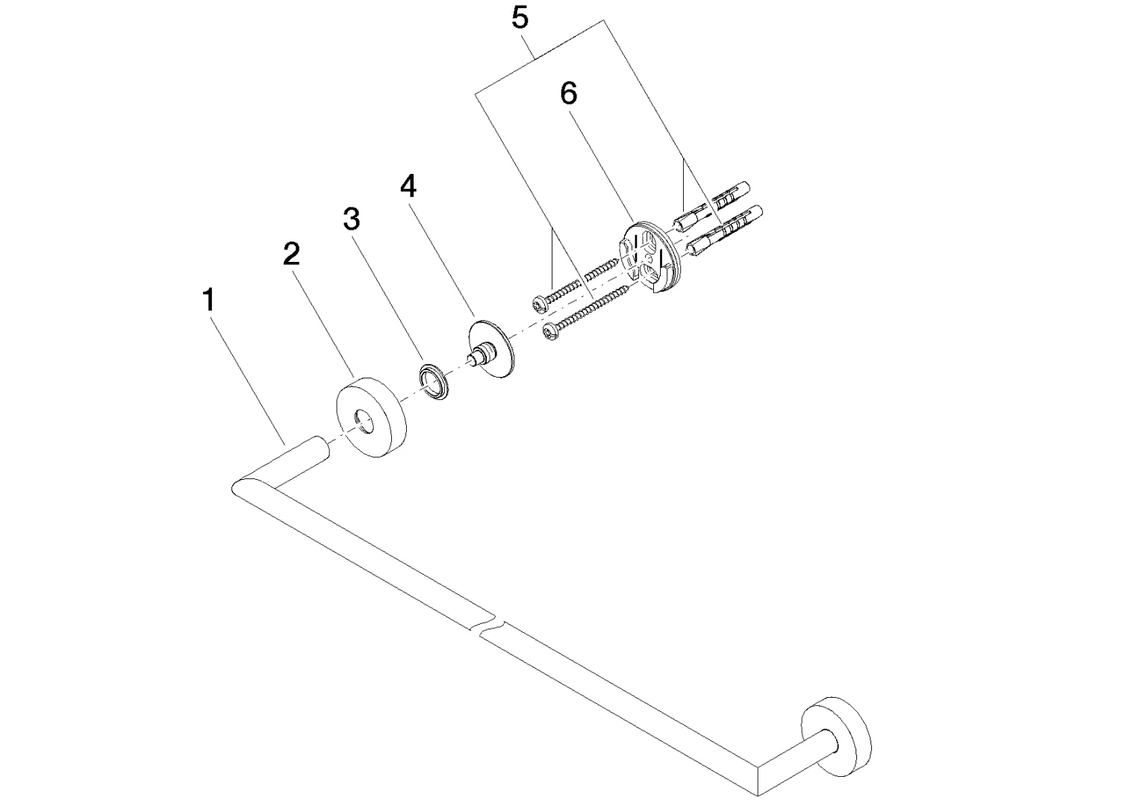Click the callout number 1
coord(209,301)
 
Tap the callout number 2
coord(291,254)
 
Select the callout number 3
coord(351,219)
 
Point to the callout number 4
coord(408,186)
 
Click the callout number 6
coord(568,93)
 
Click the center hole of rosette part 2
coord(364,422)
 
